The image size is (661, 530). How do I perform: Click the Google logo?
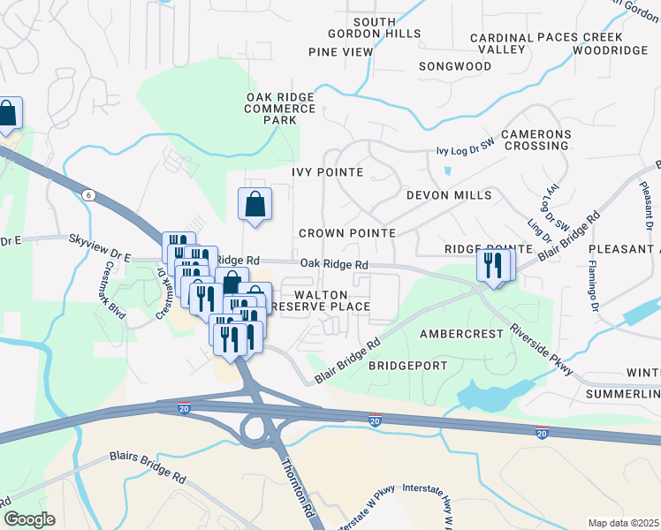(x=29, y=519)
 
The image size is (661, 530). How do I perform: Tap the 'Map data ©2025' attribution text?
(x=623, y=523)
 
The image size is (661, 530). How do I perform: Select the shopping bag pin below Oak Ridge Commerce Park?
(x=255, y=205)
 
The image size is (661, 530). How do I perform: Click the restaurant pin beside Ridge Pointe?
(x=492, y=265)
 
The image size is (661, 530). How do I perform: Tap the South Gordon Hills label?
(x=386, y=27)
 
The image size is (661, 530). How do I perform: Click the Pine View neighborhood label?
(x=341, y=52)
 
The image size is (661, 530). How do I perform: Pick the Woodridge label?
(x=610, y=51)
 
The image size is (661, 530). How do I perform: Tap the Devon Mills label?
(x=442, y=194)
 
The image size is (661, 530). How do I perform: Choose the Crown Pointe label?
(x=346, y=233)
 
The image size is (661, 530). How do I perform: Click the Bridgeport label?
(x=403, y=365)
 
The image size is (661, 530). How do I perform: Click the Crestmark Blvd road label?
(x=112, y=290)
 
